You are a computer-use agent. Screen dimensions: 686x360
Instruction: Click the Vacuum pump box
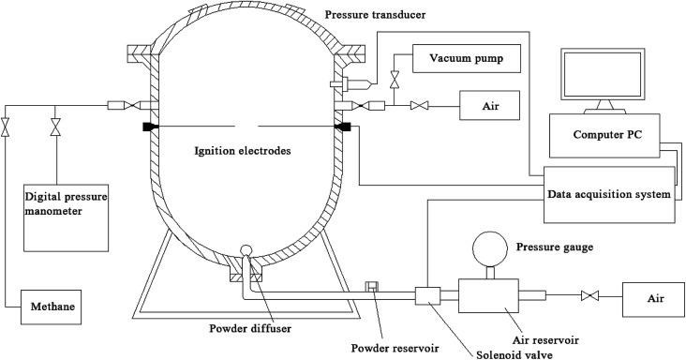pyautogui.click(x=467, y=58)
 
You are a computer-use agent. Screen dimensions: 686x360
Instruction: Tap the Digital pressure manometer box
pyautogui.click(x=66, y=217)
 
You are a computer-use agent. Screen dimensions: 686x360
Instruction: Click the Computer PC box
pyautogui.click(x=604, y=136)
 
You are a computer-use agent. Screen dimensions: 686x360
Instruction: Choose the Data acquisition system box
pyautogui.click(x=609, y=194)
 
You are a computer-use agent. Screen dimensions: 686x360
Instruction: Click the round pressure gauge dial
pyautogui.click(x=490, y=248)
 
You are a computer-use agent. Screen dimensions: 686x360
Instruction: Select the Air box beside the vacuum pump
pyautogui.click(x=489, y=105)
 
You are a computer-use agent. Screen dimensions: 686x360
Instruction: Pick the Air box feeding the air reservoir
pyautogui.click(x=653, y=299)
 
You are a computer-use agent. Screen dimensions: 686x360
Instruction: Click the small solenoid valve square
pyautogui.click(x=427, y=296)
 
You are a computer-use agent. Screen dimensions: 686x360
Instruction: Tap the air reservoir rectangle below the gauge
pyautogui.click(x=488, y=295)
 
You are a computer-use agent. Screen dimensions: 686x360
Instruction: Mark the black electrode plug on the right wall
pyautogui.click(x=343, y=127)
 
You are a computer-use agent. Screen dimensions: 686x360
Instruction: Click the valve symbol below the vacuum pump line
pyautogui.click(x=395, y=79)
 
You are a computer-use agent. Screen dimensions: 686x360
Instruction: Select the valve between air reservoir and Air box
pyautogui.click(x=589, y=296)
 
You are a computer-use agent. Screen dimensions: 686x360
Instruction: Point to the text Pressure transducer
pyautogui.click(x=376, y=15)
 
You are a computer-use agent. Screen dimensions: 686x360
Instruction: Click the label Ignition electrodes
pyautogui.click(x=243, y=151)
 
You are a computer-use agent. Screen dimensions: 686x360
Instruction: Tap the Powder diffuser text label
pyautogui.click(x=250, y=328)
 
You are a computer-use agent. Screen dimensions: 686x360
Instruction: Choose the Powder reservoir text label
pyautogui.click(x=395, y=348)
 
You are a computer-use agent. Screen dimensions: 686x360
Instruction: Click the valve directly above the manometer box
pyautogui.click(x=55, y=127)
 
